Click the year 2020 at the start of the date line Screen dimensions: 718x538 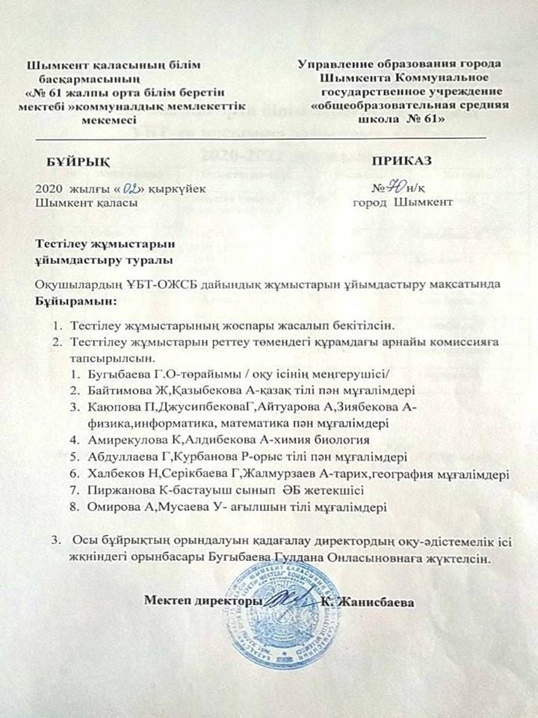click(x=49, y=189)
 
